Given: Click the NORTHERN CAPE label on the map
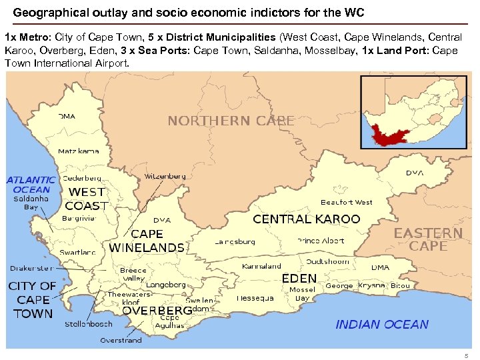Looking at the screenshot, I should tap(231, 121).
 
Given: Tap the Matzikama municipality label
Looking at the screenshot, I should tap(79, 151).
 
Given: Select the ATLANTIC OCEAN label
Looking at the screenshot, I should tap(31, 184).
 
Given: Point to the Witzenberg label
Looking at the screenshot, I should tap(165, 177).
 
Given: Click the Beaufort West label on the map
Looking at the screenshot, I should tap(347, 202).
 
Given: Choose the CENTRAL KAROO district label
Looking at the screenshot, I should tap(306, 219).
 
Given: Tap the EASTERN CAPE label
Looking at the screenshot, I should tap(428, 239).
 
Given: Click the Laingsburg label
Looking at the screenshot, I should tap(235, 242).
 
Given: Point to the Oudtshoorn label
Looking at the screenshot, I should tap(327, 261).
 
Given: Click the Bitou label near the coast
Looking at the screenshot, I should tap(400, 285).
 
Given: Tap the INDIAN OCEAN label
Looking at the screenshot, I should tap(382, 325).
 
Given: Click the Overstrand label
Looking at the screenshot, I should tap(121, 340).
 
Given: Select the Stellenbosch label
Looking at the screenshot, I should tap(88, 324).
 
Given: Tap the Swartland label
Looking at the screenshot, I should tap(78, 253).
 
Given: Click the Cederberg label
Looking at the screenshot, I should tap(82, 178).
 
